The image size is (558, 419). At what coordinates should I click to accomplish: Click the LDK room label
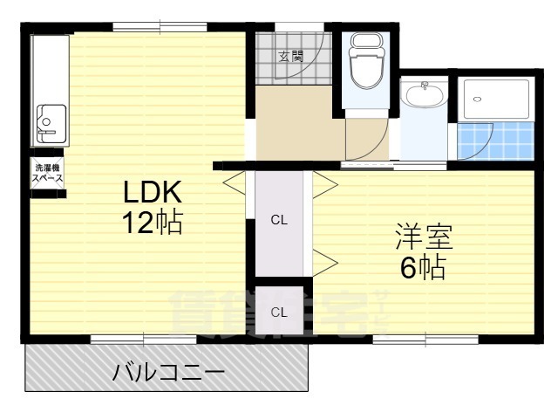(150, 192)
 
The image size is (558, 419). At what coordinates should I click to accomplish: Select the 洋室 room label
(423, 237)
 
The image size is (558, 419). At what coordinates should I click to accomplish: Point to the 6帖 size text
(423, 267)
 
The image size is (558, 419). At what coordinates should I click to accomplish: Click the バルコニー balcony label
(168, 374)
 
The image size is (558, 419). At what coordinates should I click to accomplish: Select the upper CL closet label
(278, 220)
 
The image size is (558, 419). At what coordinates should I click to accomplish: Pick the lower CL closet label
(278, 312)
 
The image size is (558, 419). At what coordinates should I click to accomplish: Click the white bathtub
(494, 100)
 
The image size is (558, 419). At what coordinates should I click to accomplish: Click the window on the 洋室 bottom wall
(425, 339)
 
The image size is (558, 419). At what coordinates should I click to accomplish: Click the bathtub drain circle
(476, 99)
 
